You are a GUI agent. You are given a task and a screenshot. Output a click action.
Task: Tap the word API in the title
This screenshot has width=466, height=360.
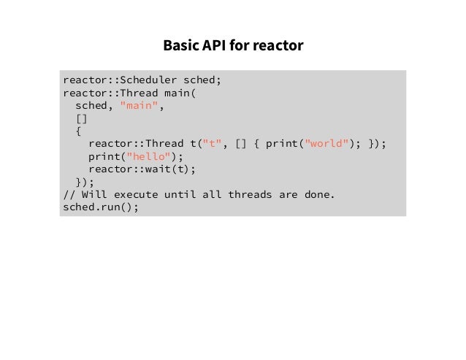point(212,46)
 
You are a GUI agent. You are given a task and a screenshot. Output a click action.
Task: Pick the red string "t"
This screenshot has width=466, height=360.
point(215,144)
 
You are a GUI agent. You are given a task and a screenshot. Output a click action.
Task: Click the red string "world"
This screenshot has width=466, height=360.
point(326,144)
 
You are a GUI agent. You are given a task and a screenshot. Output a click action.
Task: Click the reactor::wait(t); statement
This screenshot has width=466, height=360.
point(142,169)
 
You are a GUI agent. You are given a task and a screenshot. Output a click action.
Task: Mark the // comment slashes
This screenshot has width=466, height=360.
point(69,194)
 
